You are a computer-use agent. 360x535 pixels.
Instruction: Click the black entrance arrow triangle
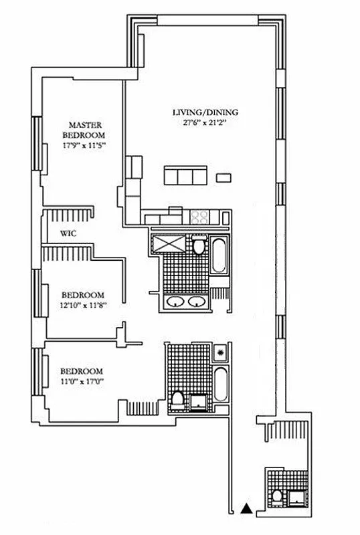click(x=247, y=509)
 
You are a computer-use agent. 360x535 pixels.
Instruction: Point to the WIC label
click(x=67, y=234)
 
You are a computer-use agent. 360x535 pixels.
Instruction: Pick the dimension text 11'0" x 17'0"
click(x=82, y=382)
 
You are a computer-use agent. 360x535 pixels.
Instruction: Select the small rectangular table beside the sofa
click(x=225, y=177)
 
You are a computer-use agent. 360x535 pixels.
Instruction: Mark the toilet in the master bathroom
click(x=198, y=247)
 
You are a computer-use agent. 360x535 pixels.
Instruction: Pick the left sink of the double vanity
click(x=176, y=302)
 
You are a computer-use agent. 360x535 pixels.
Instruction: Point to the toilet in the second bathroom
click(x=177, y=401)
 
